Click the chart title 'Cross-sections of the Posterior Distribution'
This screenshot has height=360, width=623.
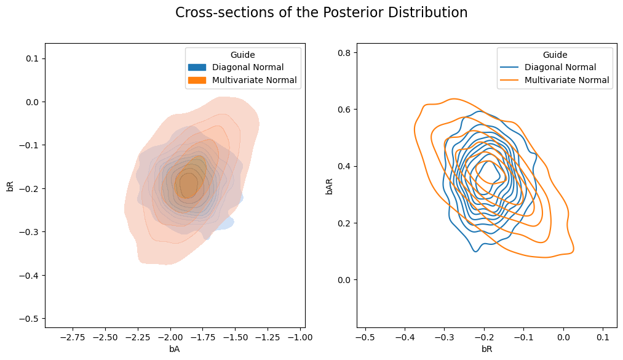tap(321, 13)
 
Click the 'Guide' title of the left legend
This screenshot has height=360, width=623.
tap(242, 55)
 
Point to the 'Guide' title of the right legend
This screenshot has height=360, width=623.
tap(555, 55)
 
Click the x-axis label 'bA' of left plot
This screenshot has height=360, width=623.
tap(174, 350)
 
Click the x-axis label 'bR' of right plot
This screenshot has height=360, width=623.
tap(486, 350)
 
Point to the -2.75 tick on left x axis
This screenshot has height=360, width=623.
tap(73, 338)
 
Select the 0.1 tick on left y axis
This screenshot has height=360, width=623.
tap(32, 58)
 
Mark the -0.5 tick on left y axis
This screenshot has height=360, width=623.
tap(30, 319)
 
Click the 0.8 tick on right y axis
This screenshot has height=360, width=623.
tap(346, 53)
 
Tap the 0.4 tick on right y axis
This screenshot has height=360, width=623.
tap(346, 167)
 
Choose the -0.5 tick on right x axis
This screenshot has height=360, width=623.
tap(365, 338)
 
